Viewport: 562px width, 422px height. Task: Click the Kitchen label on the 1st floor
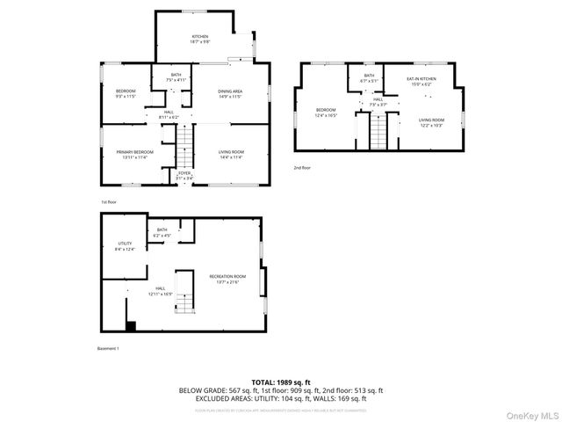199,39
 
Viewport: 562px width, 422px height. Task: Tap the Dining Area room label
230,94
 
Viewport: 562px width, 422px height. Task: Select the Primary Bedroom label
134,155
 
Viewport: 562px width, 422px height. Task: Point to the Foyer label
184,176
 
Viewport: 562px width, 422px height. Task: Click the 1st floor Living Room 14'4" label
230,155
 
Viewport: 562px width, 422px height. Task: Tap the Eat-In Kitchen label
421,82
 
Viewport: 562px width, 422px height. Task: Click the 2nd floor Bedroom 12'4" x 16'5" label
327,113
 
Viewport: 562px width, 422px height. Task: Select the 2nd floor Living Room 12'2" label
430,122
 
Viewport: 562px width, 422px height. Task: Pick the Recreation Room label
227,280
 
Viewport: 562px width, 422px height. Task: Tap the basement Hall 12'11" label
161,291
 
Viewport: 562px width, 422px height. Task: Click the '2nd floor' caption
303,166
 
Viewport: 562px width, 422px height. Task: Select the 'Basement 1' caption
107,349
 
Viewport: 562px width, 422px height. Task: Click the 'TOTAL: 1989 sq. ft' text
281,382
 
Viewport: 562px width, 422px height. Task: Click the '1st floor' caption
108,201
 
